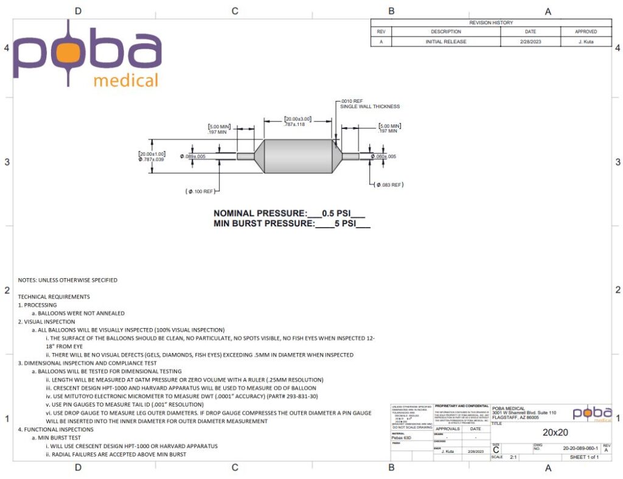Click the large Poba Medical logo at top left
[86, 58]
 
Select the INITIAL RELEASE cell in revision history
[445, 42]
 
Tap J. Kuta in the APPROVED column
[585, 42]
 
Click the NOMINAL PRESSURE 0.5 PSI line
[289, 214]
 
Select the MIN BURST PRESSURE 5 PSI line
[292, 223]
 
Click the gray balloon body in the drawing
[298, 156]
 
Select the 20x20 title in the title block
[551, 432]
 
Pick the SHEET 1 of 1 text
[580, 457]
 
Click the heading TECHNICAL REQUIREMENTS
[54, 296]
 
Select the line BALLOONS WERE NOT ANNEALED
[81, 313]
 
